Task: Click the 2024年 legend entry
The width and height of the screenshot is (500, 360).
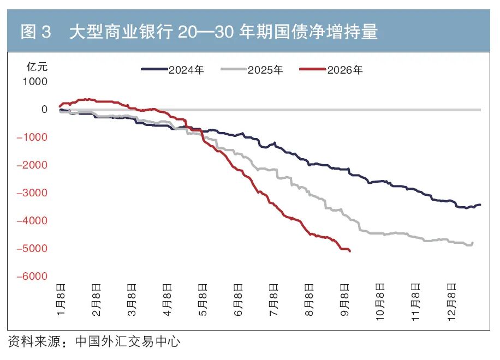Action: [x=172, y=70]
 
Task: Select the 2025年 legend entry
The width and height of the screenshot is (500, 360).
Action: [x=252, y=70]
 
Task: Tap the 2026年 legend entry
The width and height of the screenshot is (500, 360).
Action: [x=331, y=70]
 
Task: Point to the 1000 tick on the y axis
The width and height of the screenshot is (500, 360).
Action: [x=35, y=82]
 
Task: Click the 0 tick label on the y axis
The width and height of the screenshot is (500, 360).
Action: [x=44, y=109]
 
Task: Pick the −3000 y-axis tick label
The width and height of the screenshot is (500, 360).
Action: [x=32, y=193]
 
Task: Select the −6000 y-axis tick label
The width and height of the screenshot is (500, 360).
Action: [x=32, y=276]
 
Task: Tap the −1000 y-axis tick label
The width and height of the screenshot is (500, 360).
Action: [x=32, y=137]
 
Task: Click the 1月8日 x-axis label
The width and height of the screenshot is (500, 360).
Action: [x=61, y=299]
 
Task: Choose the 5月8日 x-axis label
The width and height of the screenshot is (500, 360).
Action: [x=203, y=299]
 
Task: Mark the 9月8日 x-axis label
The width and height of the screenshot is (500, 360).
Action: [x=345, y=299]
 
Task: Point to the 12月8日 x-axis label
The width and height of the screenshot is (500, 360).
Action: [x=451, y=302]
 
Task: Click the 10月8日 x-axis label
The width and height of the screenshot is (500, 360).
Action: [x=380, y=302]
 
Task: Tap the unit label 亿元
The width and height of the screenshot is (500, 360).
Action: [x=37, y=67]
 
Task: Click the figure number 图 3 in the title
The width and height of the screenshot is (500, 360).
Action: [x=35, y=32]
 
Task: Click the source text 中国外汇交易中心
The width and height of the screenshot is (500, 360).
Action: [x=128, y=341]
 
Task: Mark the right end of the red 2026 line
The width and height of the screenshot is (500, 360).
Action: [x=350, y=251]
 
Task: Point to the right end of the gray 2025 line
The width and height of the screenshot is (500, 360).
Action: [x=472, y=243]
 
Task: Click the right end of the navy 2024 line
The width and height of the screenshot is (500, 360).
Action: [x=480, y=205]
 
